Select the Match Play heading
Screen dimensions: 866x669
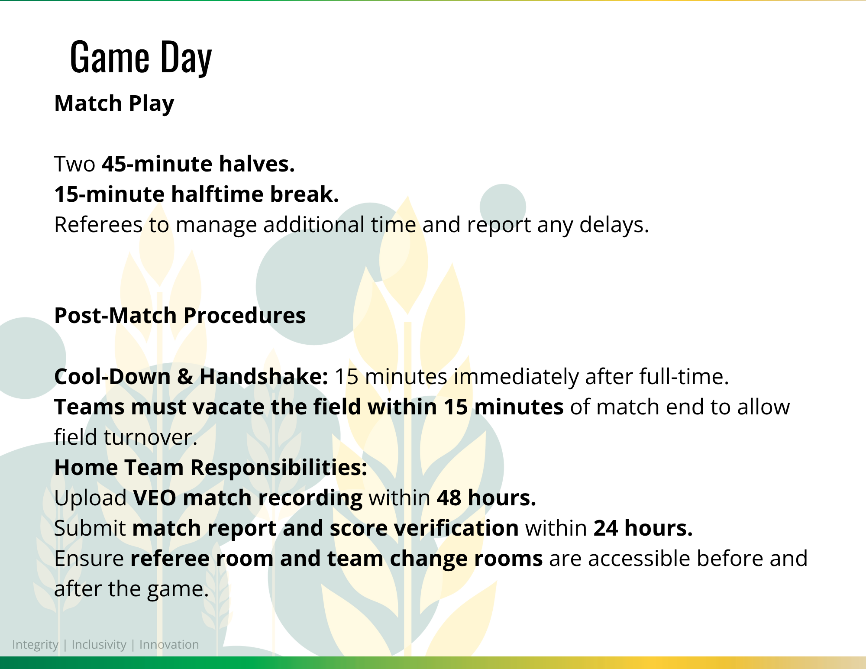click(x=114, y=104)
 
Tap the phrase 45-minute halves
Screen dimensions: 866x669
click(x=198, y=164)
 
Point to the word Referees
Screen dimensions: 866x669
click(x=98, y=225)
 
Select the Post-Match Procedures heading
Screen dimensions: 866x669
click(x=180, y=316)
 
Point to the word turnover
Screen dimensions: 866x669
click(x=150, y=437)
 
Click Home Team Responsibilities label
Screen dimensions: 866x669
click(x=211, y=468)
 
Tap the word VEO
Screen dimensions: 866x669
click(x=155, y=498)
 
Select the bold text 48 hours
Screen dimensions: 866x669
click(x=486, y=498)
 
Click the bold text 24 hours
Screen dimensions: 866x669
click(x=643, y=528)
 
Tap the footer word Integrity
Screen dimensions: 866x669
click(x=35, y=645)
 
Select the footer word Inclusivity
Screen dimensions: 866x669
click(x=99, y=645)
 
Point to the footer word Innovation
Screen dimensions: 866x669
click(x=169, y=644)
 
